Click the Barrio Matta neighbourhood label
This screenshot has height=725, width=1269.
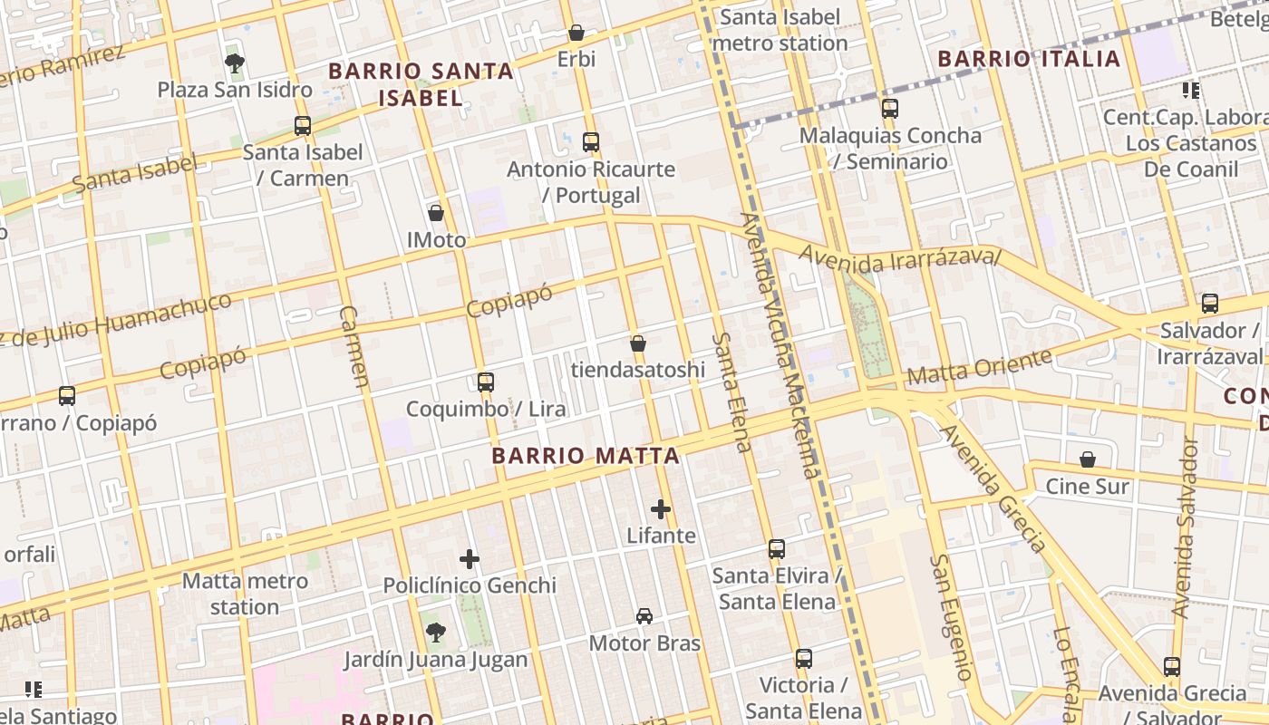pos(586,456)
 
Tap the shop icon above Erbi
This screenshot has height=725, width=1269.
pos(576,34)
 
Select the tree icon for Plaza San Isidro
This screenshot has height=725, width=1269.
pos(235,63)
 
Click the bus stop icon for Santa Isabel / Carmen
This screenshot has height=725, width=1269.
pos(303,126)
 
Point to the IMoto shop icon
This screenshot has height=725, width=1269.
pos(436,214)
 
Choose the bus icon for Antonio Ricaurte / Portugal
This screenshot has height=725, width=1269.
pos(591,142)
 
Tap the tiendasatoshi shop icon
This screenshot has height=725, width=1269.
pos(638,343)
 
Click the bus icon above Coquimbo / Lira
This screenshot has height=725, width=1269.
pos(486,382)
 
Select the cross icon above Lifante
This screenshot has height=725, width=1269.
pos(661,509)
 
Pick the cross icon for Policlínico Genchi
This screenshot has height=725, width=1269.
pos(470,559)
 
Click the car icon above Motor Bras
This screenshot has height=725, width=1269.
pos(644,616)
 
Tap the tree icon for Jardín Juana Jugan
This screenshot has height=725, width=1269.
pos(436,632)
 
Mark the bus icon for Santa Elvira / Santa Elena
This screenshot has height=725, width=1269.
pos(776,549)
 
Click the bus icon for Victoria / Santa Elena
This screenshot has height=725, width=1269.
pos(803,659)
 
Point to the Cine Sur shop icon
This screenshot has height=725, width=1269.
pos(1088,460)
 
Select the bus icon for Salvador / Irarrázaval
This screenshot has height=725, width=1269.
pos(1209,304)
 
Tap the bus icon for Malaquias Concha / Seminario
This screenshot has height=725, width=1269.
pos(890,109)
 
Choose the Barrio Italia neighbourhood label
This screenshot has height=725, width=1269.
pos(1029,60)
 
